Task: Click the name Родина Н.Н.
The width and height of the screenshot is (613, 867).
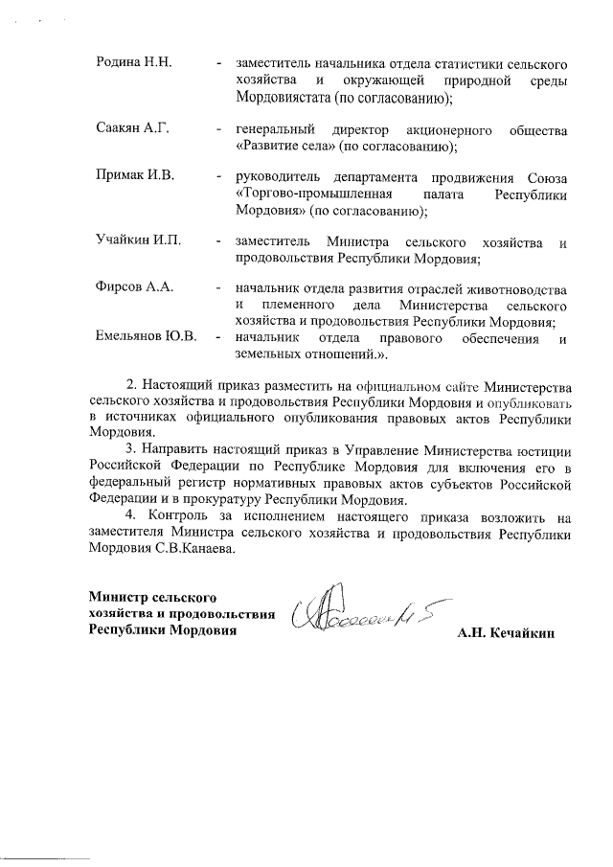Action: pyautogui.click(x=133, y=62)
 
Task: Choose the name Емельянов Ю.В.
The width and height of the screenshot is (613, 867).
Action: pyautogui.click(x=147, y=337)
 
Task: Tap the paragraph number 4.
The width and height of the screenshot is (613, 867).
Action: pyautogui.click(x=132, y=517)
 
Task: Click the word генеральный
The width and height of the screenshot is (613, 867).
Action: pyautogui.click(x=276, y=129)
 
